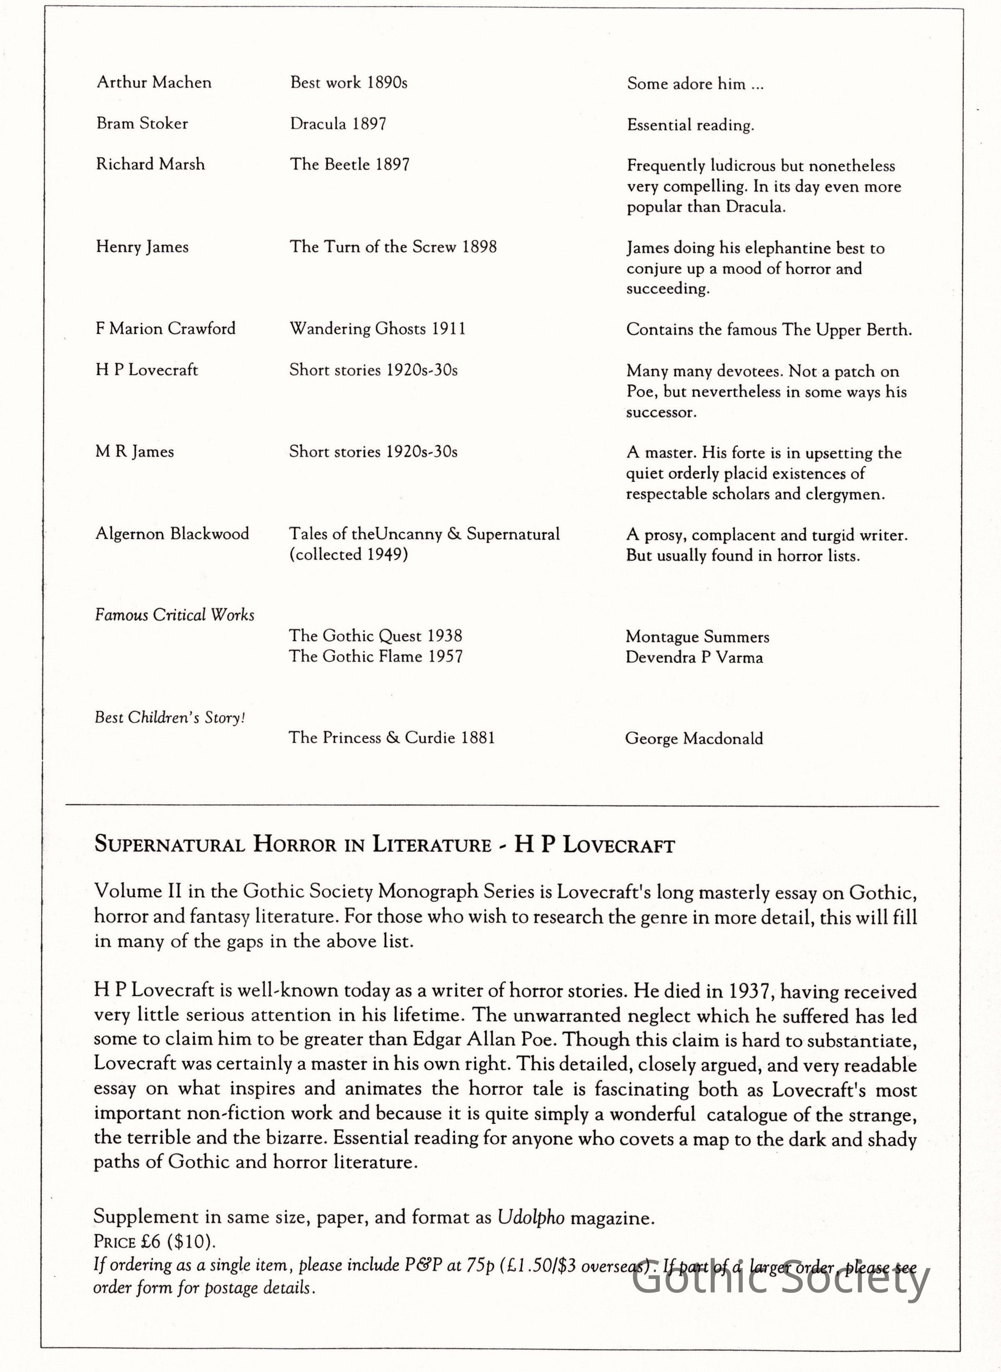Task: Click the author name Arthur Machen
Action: click(x=154, y=83)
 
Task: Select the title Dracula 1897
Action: click(x=337, y=124)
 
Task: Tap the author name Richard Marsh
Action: click(x=150, y=164)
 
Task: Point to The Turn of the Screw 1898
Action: click(x=392, y=247)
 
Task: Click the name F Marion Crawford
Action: click(x=166, y=328)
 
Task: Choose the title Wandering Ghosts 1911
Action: click(x=377, y=328)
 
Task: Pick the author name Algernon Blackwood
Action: click(x=172, y=534)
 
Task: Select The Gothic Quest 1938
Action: click(x=375, y=636)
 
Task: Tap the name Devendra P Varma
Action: click(x=694, y=658)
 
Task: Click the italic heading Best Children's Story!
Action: click(x=170, y=718)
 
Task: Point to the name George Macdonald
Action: click(x=694, y=739)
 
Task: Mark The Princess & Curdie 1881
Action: click(x=391, y=738)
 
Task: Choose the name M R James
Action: click(x=135, y=451)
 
